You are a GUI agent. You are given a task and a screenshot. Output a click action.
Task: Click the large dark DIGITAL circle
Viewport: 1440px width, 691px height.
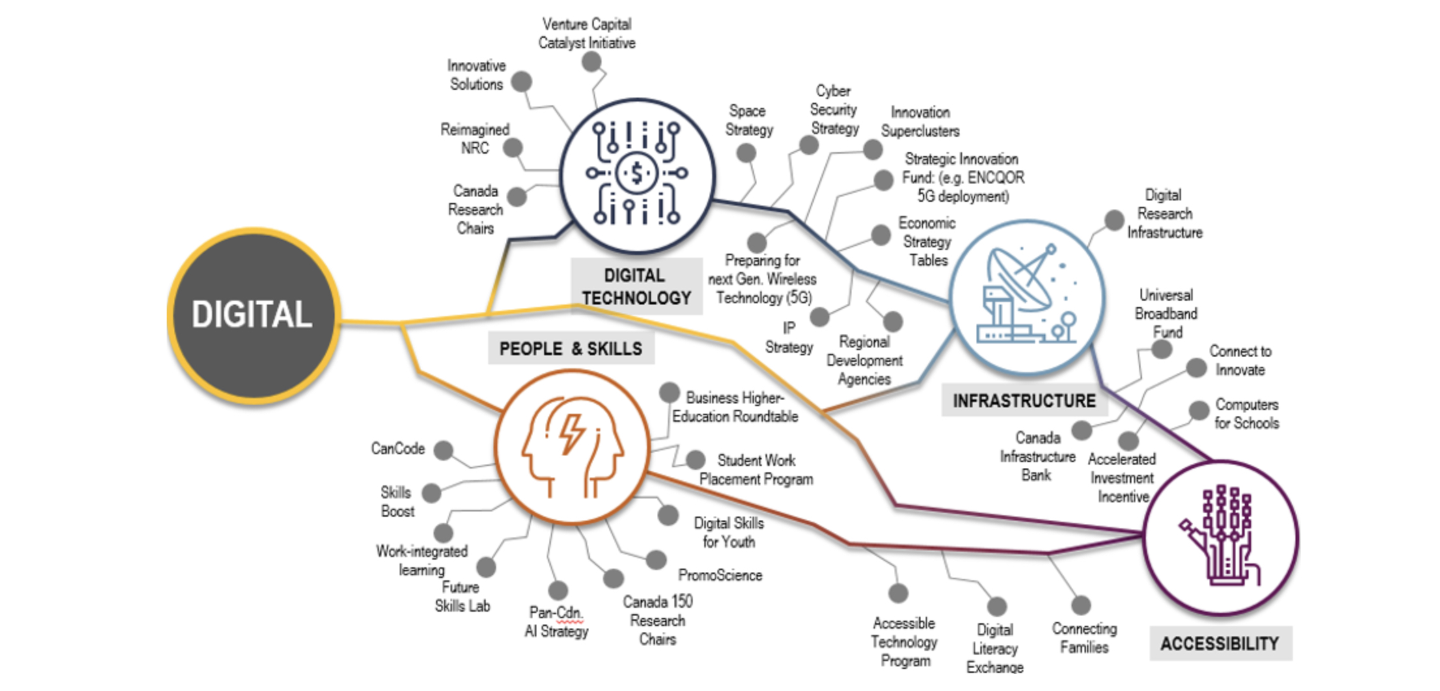(x=253, y=315)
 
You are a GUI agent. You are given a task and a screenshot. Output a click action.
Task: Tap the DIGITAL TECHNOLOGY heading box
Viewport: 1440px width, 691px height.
(x=636, y=286)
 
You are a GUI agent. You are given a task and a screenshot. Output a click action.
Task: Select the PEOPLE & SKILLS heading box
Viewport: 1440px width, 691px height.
(x=570, y=349)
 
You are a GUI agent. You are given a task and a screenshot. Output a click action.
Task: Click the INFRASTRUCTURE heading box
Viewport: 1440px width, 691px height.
(x=1024, y=401)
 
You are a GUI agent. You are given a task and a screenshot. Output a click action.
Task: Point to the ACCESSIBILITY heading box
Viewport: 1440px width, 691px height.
(x=1219, y=644)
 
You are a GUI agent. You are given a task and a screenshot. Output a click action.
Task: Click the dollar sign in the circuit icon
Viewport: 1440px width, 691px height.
(x=637, y=173)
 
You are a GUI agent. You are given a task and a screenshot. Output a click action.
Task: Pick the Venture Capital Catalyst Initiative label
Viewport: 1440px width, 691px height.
(x=587, y=34)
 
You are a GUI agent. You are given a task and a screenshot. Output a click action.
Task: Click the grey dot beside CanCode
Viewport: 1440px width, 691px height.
(x=443, y=450)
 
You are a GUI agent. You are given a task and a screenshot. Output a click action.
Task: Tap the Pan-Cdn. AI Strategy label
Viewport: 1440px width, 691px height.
(x=557, y=622)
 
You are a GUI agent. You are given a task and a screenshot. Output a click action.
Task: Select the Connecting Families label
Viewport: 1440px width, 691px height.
(x=1084, y=638)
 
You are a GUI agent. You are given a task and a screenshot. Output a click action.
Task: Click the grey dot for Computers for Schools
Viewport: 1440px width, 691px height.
(x=1198, y=411)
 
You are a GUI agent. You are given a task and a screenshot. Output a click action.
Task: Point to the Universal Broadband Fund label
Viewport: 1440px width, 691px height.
(x=1166, y=314)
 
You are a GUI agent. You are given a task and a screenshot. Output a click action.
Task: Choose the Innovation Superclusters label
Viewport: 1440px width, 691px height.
(x=920, y=122)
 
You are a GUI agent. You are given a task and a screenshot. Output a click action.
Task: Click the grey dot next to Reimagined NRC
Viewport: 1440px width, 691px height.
(x=513, y=147)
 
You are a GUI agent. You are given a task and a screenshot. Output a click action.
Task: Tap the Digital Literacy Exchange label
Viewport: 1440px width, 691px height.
(x=995, y=648)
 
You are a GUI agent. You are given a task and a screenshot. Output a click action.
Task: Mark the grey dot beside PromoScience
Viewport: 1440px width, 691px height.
(x=656, y=560)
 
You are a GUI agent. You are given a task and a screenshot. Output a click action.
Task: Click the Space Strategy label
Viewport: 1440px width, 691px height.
(x=749, y=120)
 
